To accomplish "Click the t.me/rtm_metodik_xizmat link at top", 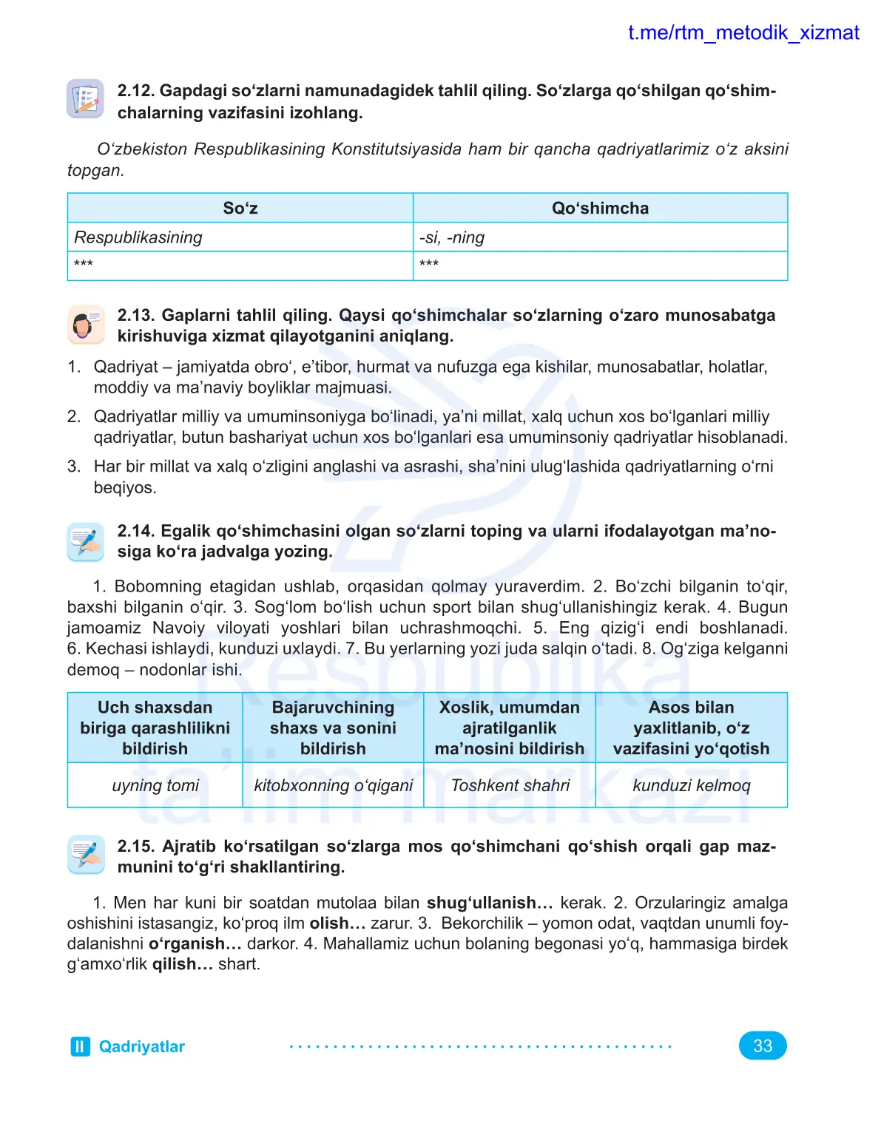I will [743, 33].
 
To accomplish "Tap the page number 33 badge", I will [762, 1045].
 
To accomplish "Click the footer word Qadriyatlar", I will [141, 1046].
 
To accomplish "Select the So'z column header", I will [240, 209].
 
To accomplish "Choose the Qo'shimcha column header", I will [600, 209].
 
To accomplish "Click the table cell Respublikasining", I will [138, 237].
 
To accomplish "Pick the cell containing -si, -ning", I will [452, 237].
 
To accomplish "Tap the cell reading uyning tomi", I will [155, 785].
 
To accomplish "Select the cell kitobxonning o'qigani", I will [333, 785].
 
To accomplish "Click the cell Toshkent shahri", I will [510, 785].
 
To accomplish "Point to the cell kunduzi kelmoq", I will [691, 785].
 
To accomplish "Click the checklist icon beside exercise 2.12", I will [86, 99].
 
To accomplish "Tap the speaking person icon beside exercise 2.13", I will [86, 325].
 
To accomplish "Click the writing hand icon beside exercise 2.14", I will [86, 541].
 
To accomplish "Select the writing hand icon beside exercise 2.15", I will [86, 855].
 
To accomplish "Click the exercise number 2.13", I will [136, 316].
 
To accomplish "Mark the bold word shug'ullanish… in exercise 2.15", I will [490, 903].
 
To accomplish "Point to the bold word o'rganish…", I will [195, 944].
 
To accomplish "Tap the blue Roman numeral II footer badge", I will [80, 1046].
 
